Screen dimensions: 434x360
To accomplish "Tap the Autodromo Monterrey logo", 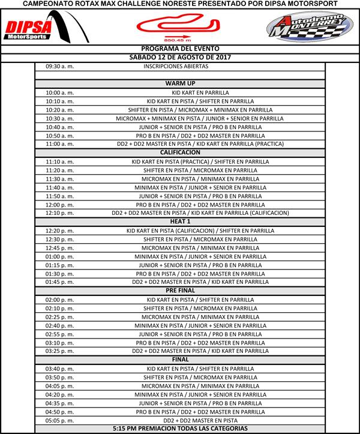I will pyautogui.click(x=305, y=28).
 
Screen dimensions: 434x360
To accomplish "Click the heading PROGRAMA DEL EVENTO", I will pyautogui.click(x=180, y=48).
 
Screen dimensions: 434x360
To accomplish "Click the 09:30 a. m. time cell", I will pyautogui.click(x=59, y=66).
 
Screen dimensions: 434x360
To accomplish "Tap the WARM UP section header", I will pyautogui.click(x=180, y=83).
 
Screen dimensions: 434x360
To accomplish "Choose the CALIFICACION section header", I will pyautogui.click(x=180, y=152).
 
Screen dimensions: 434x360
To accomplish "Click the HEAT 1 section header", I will pyautogui.click(x=180, y=222).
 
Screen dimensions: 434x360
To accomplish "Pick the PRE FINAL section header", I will pyautogui.click(x=180, y=291).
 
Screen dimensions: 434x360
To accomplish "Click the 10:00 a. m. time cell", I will pyautogui.click(x=59, y=92).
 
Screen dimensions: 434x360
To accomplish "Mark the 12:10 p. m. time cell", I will pyautogui.click(x=59, y=213).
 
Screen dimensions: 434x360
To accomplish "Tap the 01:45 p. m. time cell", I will pyautogui.click(x=59, y=282).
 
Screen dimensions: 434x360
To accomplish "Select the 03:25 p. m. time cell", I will pyautogui.click(x=59, y=351).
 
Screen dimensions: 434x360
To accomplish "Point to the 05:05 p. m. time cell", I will pyautogui.click(x=59, y=421).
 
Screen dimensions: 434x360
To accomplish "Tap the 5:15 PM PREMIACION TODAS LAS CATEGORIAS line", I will pyautogui.click(x=180, y=429).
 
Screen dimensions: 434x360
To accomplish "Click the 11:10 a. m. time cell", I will pyautogui.click(x=59, y=161).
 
